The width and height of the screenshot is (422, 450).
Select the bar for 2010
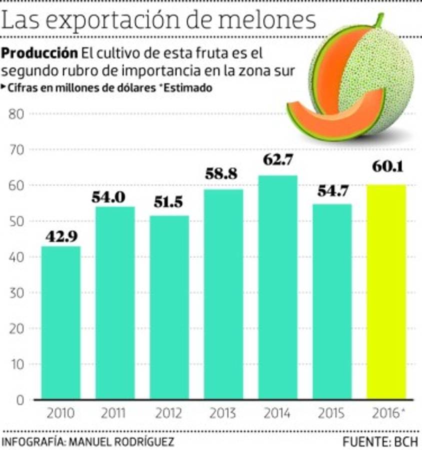[60, 322]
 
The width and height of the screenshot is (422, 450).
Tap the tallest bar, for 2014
[277, 287]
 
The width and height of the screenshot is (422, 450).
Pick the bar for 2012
[169, 307]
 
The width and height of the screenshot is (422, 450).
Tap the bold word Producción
[40, 53]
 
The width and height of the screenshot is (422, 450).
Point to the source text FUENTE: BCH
[380, 441]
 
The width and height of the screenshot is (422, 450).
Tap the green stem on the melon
[380, 20]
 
